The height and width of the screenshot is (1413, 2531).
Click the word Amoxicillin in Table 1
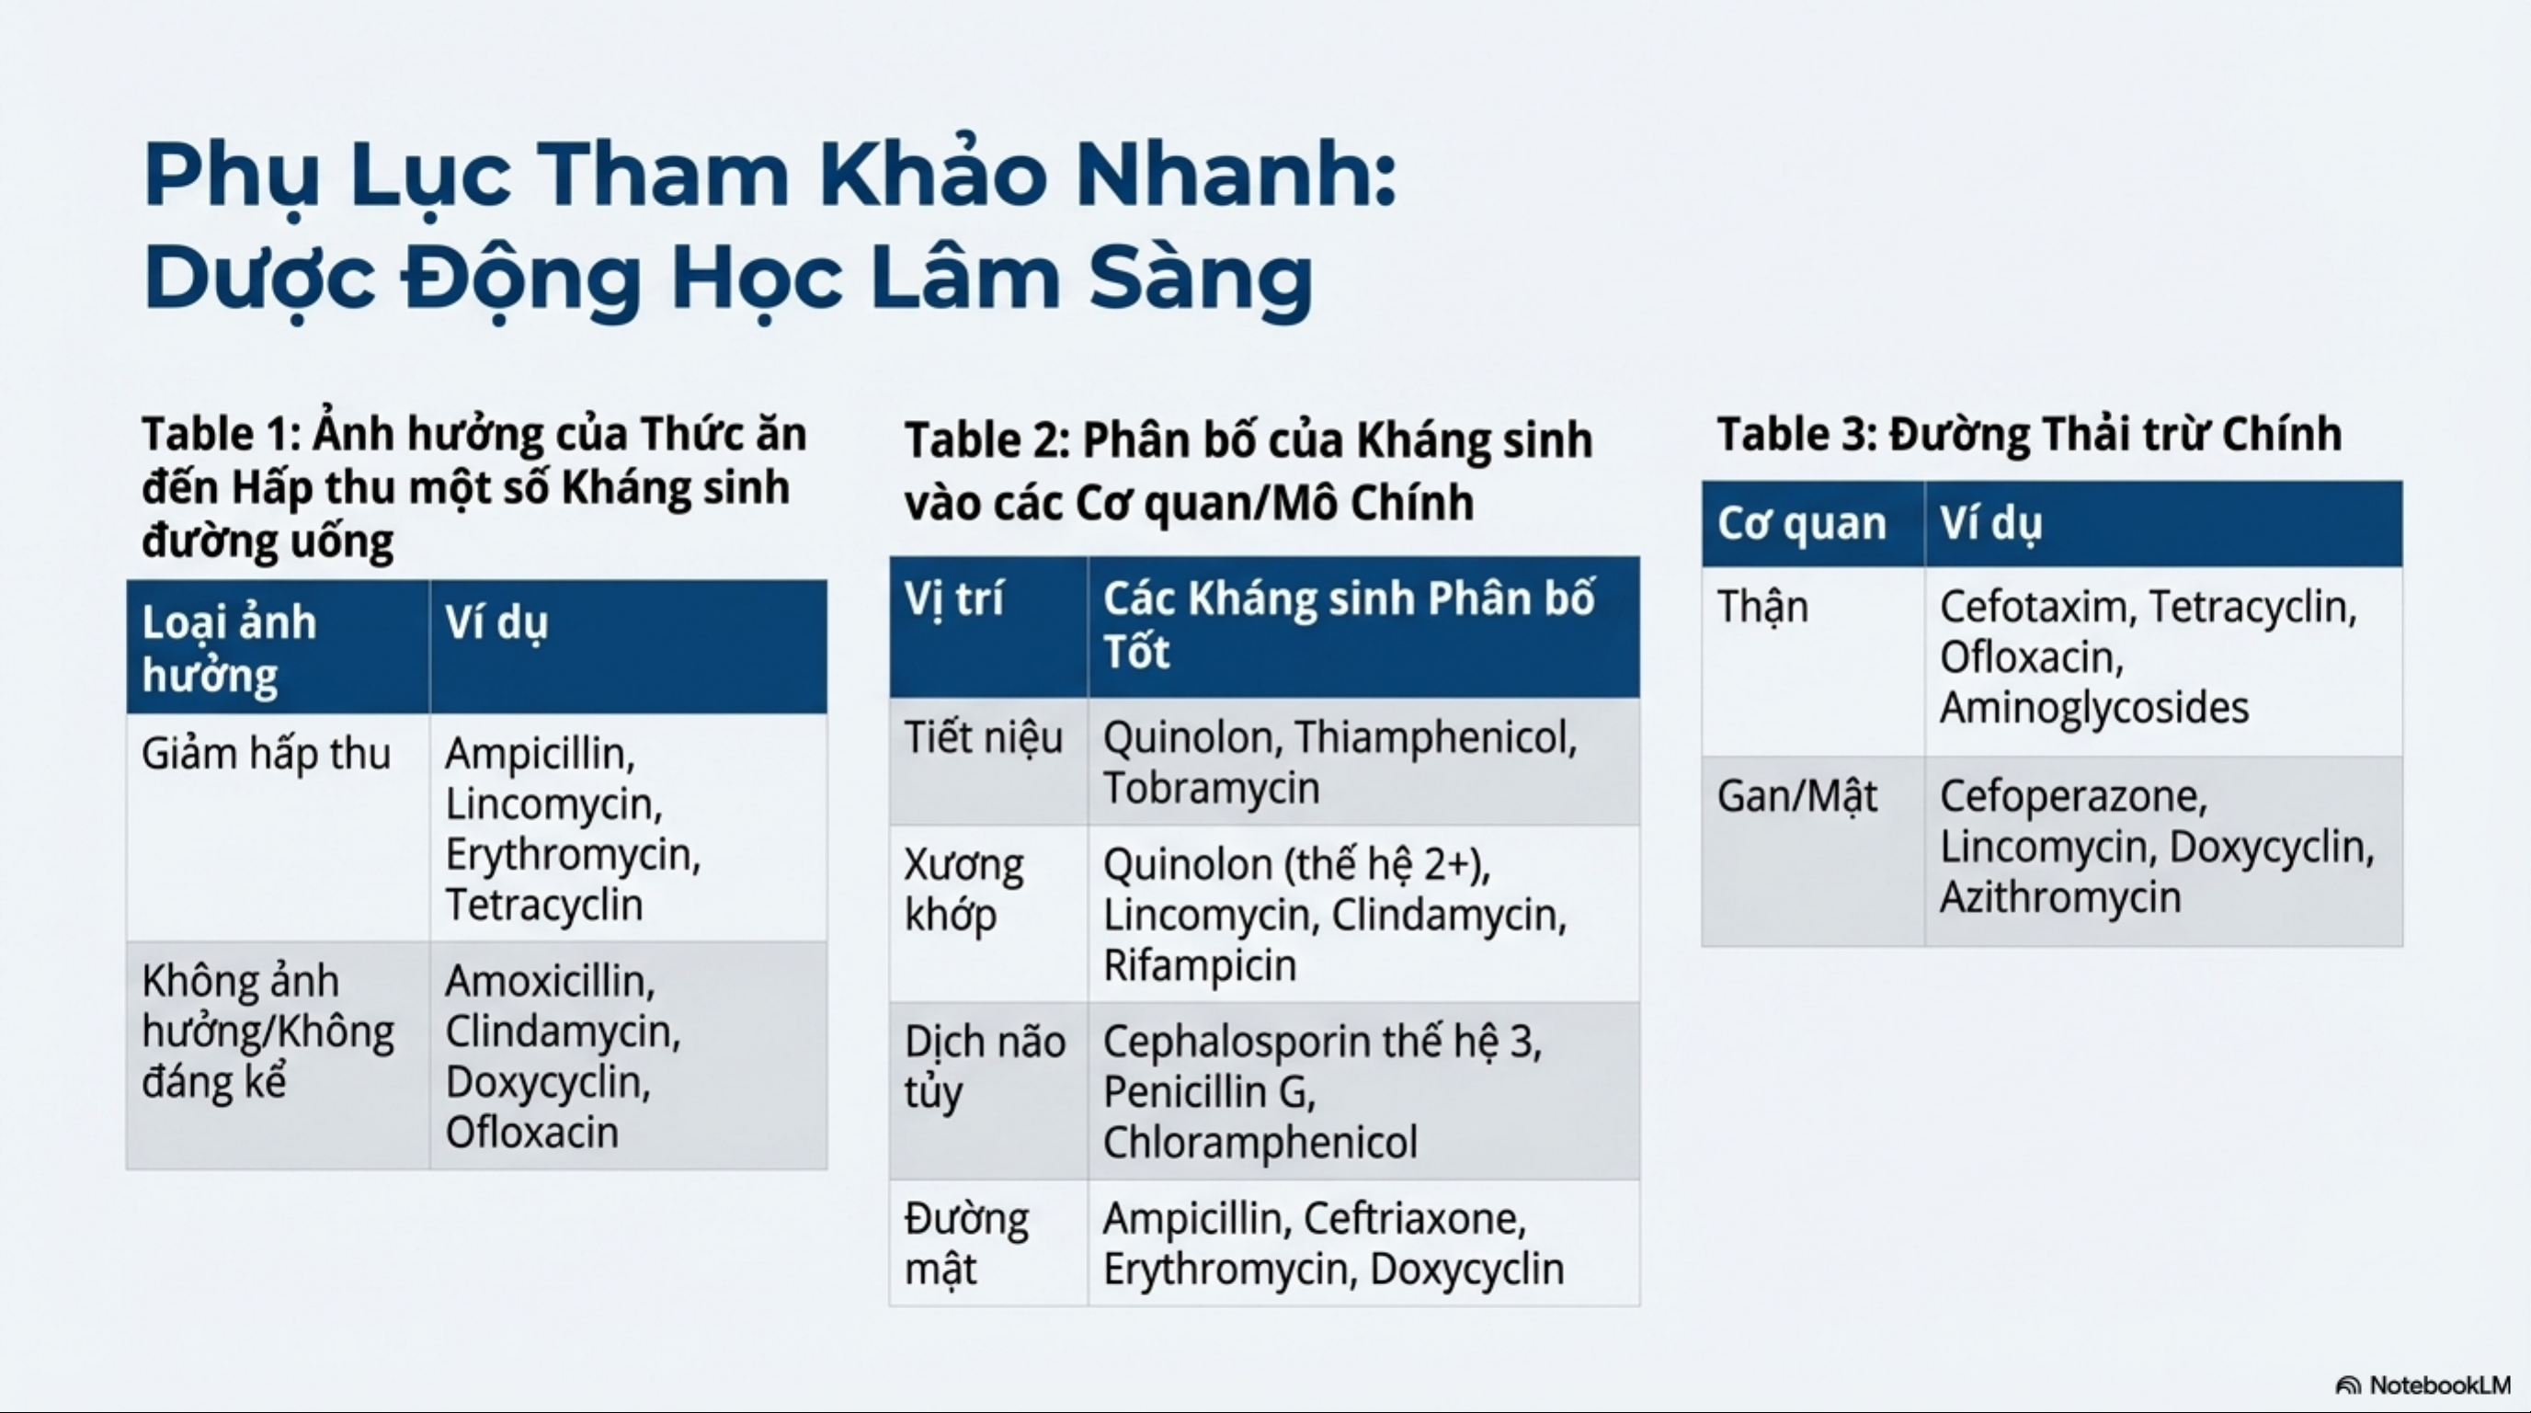(549, 981)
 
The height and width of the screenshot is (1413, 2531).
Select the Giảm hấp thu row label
(267, 755)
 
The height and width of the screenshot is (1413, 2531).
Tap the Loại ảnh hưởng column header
(229, 648)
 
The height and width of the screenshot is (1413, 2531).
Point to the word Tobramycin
(1211, 788)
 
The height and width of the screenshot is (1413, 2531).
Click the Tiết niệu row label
(984, 738)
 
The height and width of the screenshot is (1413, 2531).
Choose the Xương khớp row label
(963, 890)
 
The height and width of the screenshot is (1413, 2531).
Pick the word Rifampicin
(1200, 965)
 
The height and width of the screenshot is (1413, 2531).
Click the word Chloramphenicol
(1260, 1143)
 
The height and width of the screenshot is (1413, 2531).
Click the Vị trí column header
(954, 598)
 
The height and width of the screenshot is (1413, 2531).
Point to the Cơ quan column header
(1801, 524)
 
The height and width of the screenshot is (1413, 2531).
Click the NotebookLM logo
(2423, 1385)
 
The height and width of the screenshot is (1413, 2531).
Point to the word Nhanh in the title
(1235, 175)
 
